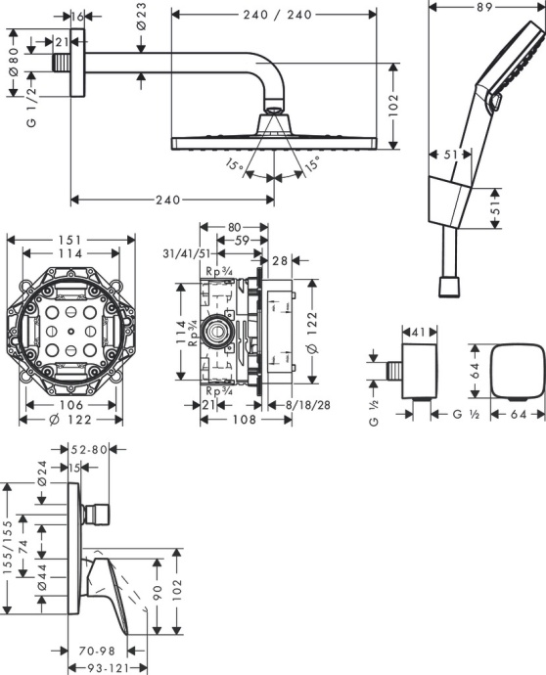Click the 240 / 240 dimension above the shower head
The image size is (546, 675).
[275, 14]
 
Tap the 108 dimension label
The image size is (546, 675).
[246, 420]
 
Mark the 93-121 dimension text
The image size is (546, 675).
[105, 667]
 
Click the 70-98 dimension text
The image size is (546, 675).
[98, 649]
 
